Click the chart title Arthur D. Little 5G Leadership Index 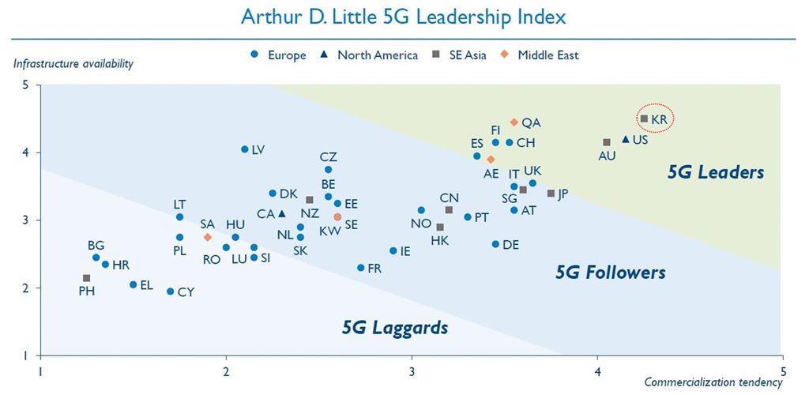[x=404, y=16]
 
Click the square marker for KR [x=644, y=118]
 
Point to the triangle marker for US [x=626, y=139]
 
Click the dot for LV [x=245, y=149]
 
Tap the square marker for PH [x=86, y=278]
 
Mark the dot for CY [x=171, y=292]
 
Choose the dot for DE [x=495, y=244]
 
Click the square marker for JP [x=551, y=194]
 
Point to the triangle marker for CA [x=282, y=213]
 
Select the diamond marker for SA [x=208, y=237]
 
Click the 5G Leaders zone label [x=715, y=172]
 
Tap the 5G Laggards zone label [x=395, y=326]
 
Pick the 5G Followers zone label [x=610, y=273]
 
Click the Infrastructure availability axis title [x=73, y=64]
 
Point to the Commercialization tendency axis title [x=713, y=383]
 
